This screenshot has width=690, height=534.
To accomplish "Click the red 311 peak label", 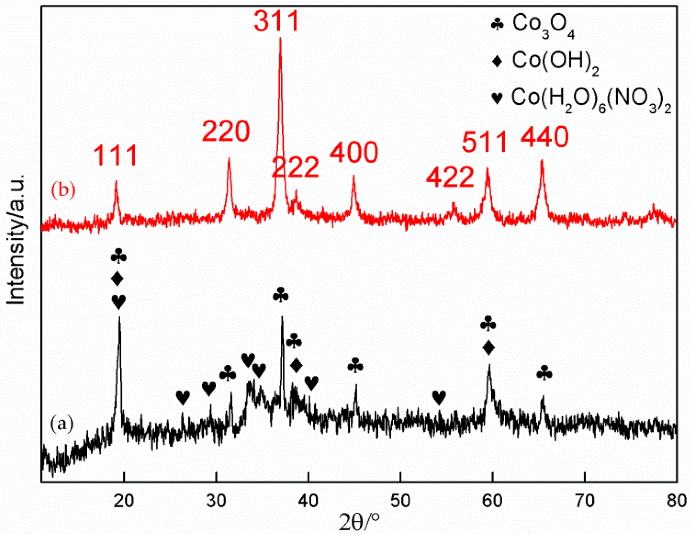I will pos(277,21).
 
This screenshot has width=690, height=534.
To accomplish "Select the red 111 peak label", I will pos(116,155).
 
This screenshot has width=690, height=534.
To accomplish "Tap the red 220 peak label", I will pos(226,131).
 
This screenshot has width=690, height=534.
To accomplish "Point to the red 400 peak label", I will pos(354,152).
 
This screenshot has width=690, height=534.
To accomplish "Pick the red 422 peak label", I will pos(450,177).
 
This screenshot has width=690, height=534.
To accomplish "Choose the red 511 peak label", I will pos(484,142).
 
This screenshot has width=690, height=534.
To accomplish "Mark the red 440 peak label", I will pos(545,137).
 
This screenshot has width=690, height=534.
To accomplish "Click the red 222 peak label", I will pos(295,167).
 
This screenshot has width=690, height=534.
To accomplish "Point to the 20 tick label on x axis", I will pos(124,501).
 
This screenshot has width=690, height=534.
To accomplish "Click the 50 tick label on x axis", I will pos(400,501).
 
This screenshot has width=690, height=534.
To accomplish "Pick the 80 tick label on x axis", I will pos(677,501).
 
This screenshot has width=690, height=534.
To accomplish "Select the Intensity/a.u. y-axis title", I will pos(16,240).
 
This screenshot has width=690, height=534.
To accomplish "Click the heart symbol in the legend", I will pos(497,98).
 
